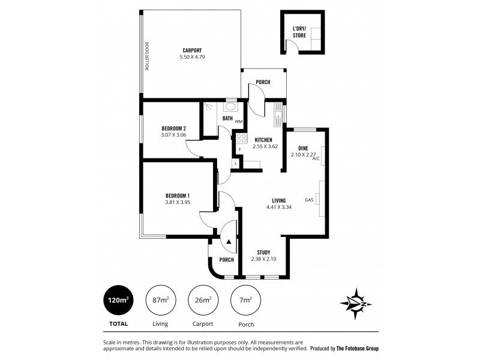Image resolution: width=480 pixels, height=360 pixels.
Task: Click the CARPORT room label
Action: tap(192, 50)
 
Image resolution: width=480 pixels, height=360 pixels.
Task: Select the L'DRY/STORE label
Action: tap(299, 32)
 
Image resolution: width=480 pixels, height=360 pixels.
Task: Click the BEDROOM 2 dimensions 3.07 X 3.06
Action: tap(173, 135)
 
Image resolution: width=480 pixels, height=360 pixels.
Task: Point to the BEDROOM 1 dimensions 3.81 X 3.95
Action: tap(177, 202)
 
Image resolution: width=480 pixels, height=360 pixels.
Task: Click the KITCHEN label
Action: tap(264, 139)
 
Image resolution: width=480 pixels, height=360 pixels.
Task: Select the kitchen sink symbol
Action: tap(278, 113)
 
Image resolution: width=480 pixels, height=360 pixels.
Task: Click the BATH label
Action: tap(227, 118)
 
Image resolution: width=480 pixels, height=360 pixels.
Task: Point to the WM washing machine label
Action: tap(238, 122)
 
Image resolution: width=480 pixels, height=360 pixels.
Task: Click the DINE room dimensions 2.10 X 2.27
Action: tap(303, 154)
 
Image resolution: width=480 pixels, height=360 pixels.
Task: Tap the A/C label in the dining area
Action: tap(316, 159)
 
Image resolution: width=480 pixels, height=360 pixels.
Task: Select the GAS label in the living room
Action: tap(310, 200)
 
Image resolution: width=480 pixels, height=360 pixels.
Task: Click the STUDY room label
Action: tap(263, 252)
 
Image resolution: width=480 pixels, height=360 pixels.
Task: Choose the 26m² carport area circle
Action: tap(203, 300)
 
